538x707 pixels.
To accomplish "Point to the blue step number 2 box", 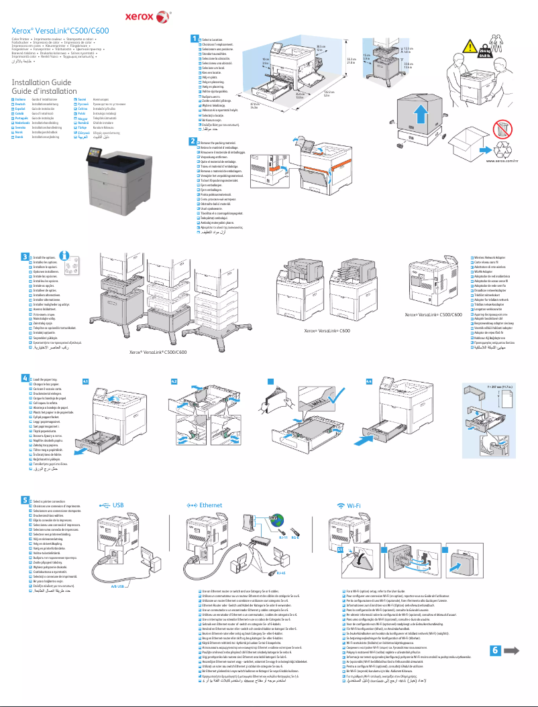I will [194, 141].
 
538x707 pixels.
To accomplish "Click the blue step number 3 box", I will [25, 257].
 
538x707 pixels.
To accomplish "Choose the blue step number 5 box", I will [25, 500].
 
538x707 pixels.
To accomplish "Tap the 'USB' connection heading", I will [118, 505].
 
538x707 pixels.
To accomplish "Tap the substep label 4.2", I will [174, 381].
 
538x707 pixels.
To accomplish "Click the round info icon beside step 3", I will [65, 256].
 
